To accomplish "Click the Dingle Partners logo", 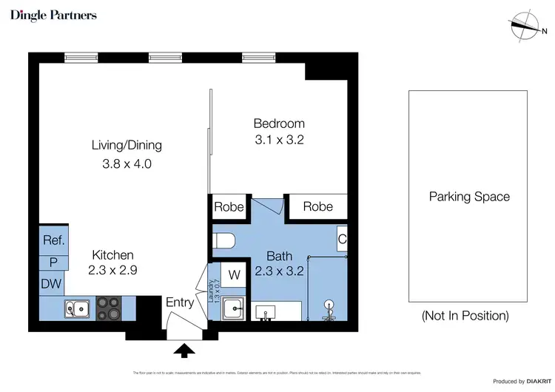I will point(53,15).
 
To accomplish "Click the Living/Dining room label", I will point(127,145).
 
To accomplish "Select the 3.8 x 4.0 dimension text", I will point(127,164).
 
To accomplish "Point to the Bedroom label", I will point(279,124).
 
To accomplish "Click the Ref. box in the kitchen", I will point(54,240).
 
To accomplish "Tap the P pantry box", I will point(54,262).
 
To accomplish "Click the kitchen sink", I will point(77,308).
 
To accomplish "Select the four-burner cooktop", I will point(110,308).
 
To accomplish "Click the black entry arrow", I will point(184,350).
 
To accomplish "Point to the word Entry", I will point(180,303).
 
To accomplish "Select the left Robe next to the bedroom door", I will point(229,207).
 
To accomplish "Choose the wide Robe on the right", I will point(317,207).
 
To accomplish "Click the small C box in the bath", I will point(342,240).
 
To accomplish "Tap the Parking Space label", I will point(469,197).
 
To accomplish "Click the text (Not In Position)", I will point(465,316).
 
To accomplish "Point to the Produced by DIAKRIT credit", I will point(520,381).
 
